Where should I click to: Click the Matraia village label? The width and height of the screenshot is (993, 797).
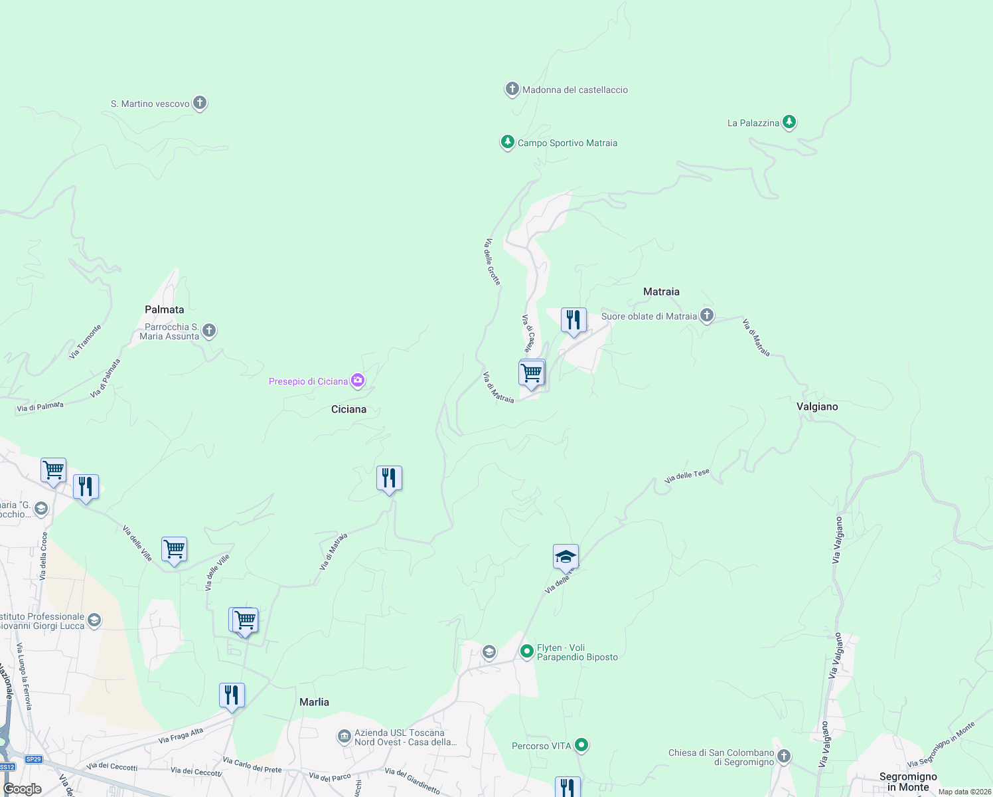point(661,292)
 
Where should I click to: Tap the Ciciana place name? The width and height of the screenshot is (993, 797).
point(348,409)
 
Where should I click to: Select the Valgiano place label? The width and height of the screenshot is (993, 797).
point(817,406)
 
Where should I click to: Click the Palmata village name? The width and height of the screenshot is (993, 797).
point(165,310)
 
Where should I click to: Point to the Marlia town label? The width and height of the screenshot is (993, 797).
point(314,702)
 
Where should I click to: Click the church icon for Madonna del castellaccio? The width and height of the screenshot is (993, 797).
point(512,89)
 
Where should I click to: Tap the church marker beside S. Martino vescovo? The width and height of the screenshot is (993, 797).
point(200,103)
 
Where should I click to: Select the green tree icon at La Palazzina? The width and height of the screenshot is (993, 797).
point(789,122)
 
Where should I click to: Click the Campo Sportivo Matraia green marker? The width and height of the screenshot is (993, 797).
point(508,142)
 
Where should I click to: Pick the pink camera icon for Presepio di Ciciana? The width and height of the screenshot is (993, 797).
point(358,381)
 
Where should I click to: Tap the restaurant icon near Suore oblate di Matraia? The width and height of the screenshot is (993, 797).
point(573,321)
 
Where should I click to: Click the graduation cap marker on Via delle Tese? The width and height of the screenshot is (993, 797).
point(566,557)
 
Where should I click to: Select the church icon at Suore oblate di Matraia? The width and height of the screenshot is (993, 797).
point(707,315)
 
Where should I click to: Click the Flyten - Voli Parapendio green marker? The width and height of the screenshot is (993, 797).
point(527,651)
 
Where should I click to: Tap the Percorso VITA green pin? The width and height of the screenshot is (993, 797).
point(581,745)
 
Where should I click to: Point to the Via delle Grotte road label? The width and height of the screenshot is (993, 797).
point(492,262)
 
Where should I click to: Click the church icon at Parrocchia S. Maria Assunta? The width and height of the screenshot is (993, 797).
point(209,330)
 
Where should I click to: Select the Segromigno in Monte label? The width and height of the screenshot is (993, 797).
point(908,782)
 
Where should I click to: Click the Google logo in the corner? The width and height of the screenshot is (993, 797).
point(22,789)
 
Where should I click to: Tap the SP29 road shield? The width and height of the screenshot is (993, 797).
point(33,759)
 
